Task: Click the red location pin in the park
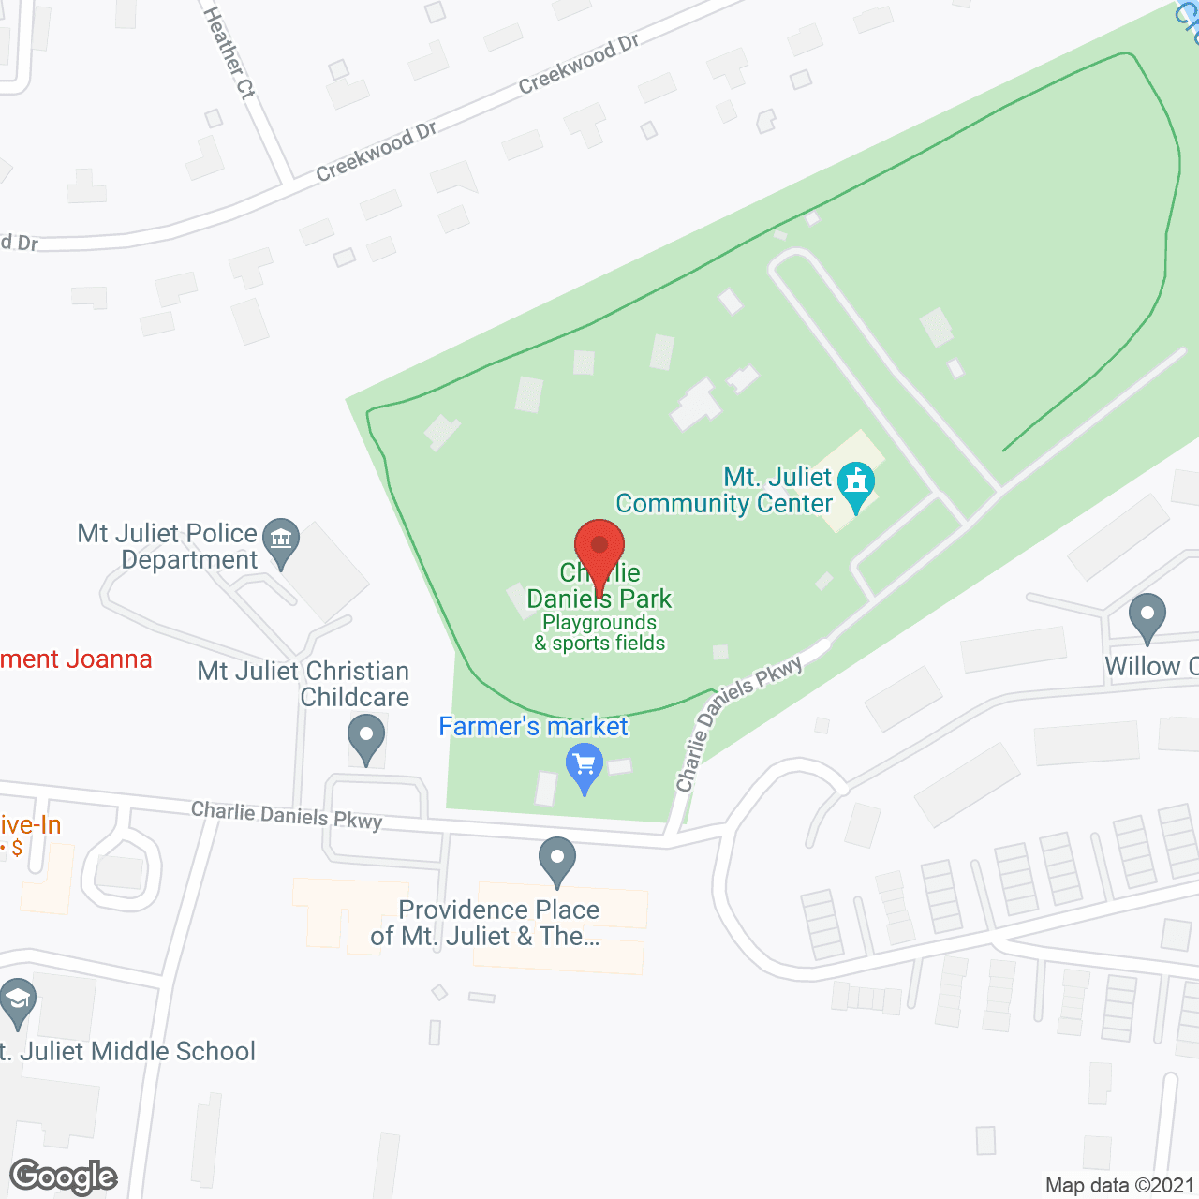599,548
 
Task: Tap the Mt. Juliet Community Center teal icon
855,483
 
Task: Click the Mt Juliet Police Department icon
280,540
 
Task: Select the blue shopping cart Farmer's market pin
585,765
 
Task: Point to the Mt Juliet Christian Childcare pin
366,736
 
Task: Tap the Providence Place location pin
557,858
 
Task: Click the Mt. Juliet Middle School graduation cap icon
17,1000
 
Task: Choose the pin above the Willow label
1147,615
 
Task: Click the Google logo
64,1177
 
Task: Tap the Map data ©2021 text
1119,1185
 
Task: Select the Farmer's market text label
533,727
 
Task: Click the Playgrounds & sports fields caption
599,633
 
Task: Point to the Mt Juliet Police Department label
168,546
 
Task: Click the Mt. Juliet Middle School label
128,1052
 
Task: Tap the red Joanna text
76,659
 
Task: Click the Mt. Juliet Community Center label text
724,491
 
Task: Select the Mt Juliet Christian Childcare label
303,684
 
